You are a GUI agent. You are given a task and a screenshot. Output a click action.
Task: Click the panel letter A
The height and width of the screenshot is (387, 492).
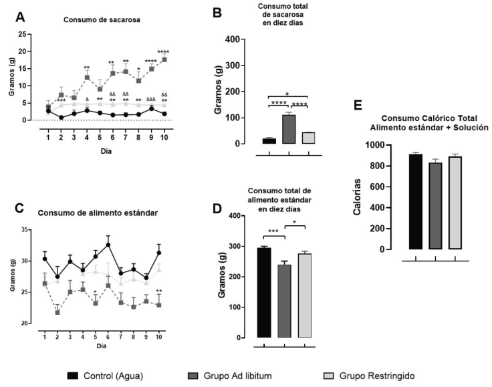point(21,15)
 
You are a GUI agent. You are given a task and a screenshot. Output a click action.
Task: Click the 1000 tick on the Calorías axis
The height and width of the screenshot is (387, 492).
point(386,145)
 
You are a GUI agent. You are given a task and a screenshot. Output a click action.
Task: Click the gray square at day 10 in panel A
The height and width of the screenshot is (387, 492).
point(164,59)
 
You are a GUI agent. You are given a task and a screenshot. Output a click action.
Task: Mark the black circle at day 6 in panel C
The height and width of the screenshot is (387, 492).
point(108,245)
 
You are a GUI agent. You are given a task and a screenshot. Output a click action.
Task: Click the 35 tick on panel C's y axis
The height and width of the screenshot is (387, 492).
point(34,229)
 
